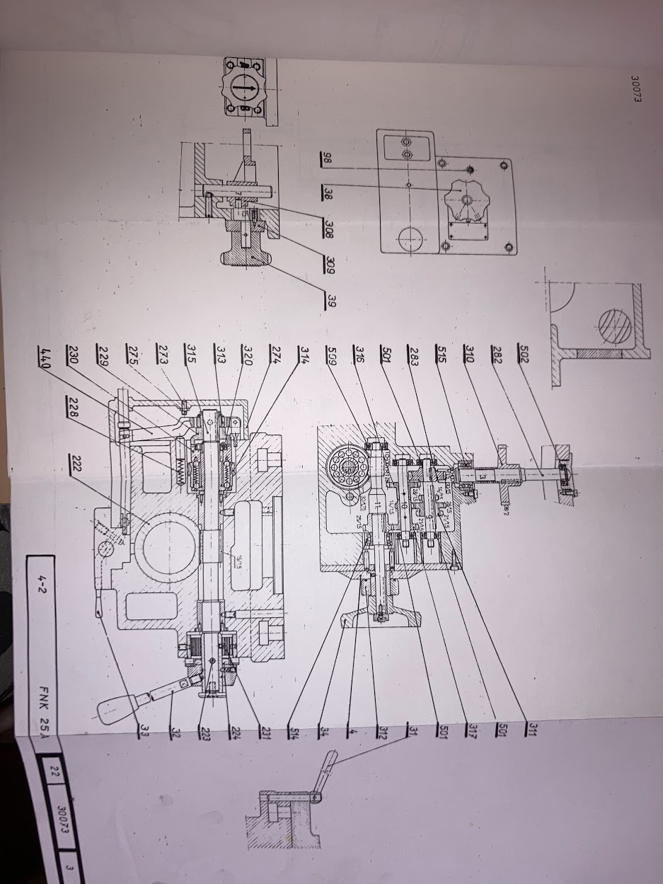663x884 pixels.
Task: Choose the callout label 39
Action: pos(330,300)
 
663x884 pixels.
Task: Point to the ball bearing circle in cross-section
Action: pos(345,466)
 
